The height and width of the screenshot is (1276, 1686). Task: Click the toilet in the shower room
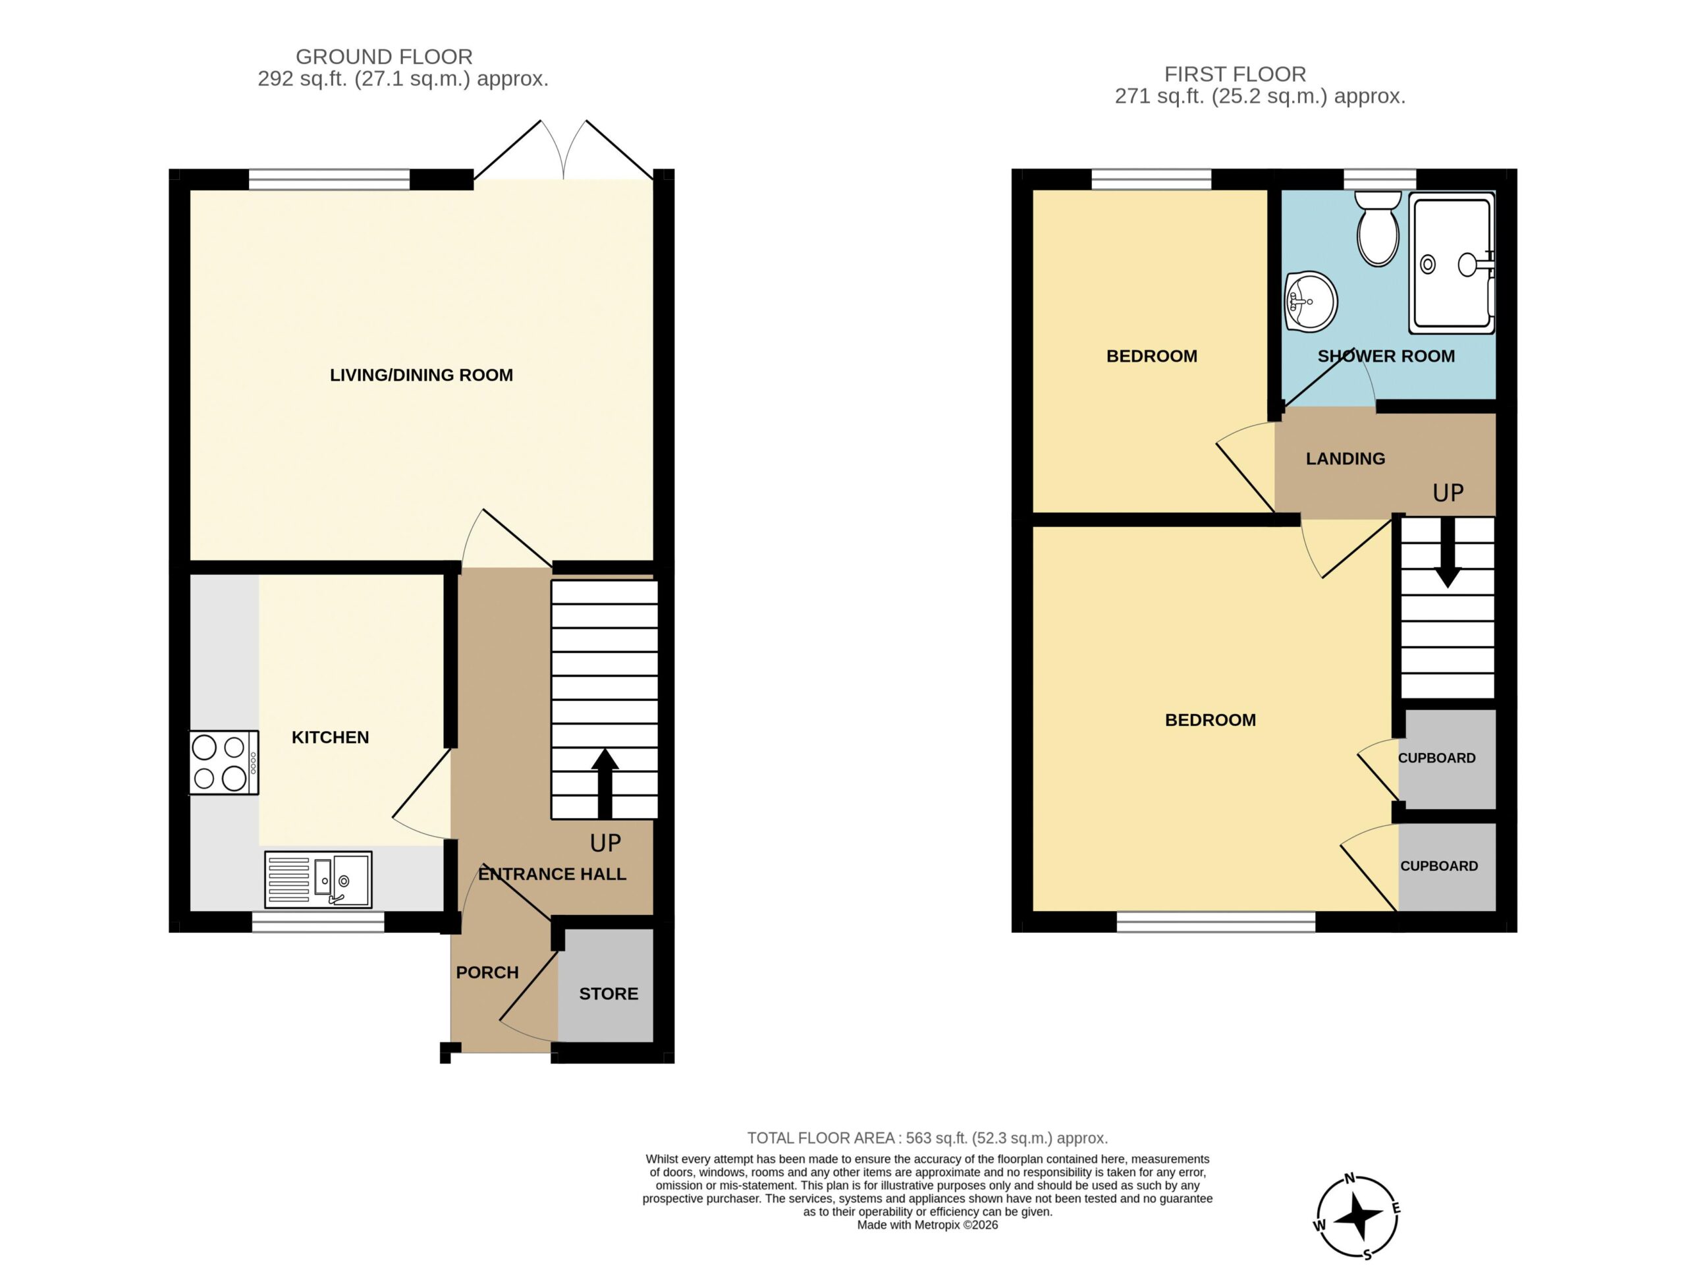1378,228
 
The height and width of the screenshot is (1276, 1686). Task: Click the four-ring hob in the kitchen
224,762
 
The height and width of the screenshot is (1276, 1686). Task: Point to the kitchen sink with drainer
319,879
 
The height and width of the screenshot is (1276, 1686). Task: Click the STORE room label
609,993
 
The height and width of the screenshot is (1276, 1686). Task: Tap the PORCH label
487,972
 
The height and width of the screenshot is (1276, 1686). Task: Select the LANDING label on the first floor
1346,458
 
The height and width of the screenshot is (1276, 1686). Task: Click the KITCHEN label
330,737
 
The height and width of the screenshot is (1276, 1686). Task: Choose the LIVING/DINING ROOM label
421,375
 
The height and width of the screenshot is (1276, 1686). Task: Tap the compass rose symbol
1357,1215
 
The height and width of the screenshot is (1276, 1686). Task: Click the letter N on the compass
1349,1179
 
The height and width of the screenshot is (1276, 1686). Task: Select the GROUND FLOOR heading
384,57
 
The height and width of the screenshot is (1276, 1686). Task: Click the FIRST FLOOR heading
1235,74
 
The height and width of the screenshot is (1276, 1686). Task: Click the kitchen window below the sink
318,922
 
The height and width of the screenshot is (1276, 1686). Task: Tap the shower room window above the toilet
1380,179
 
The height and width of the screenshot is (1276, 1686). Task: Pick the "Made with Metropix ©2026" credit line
927,1225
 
